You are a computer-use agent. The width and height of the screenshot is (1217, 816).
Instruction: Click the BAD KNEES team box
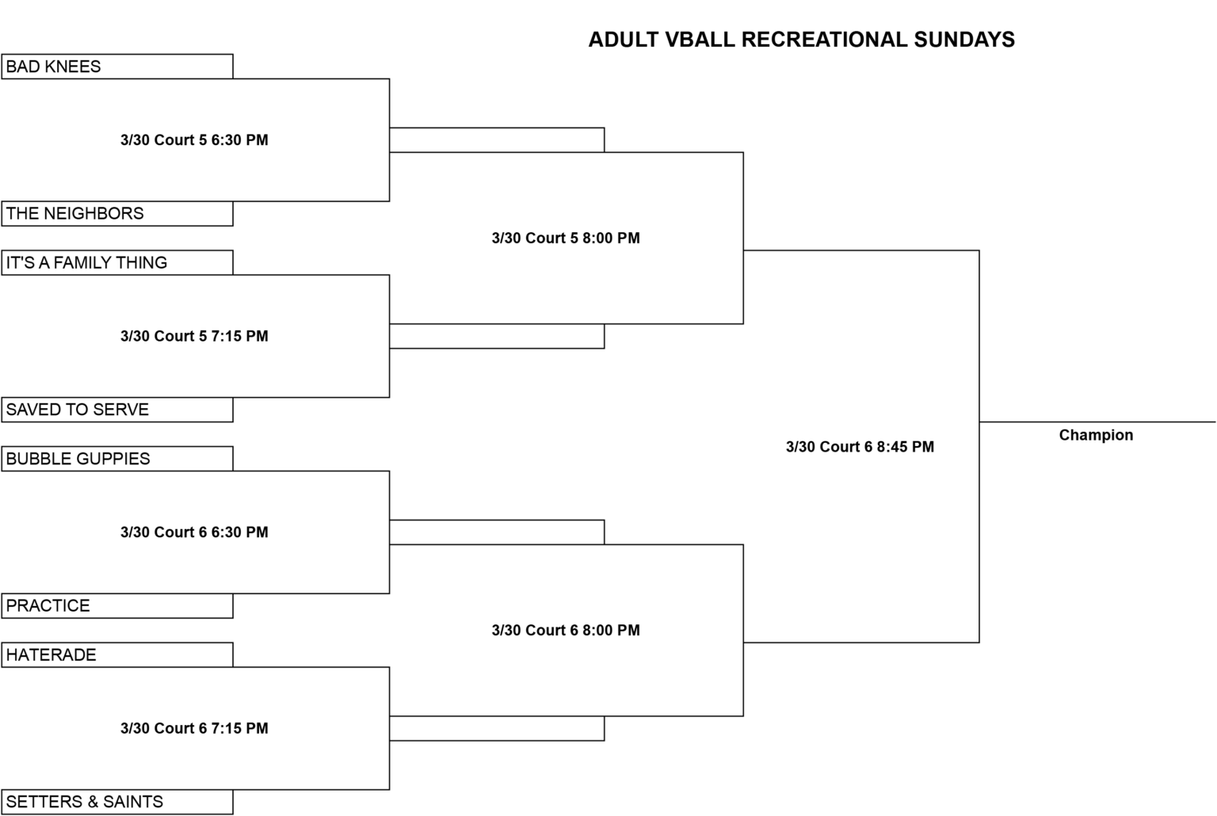click(117, 67)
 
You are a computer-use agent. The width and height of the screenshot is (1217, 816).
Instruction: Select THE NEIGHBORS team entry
click(117, 214)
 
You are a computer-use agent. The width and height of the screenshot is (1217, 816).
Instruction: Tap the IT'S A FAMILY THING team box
click(117, 262)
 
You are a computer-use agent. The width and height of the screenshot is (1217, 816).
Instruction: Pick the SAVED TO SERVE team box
click(117, 410)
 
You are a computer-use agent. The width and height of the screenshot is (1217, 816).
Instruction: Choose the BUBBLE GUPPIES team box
click(117, 459)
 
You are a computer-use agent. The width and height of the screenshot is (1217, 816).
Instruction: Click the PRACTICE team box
click(117, 606)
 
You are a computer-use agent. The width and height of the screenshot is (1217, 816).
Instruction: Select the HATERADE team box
click(117, 654)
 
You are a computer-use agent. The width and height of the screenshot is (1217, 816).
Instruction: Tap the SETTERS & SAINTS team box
click(117, 802)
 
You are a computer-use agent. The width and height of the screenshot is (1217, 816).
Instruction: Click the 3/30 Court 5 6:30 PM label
click(194, 140)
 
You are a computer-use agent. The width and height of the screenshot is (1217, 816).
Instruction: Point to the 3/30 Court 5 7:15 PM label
click(194, 336)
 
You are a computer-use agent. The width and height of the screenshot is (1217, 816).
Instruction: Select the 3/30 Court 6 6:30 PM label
click(194, 532)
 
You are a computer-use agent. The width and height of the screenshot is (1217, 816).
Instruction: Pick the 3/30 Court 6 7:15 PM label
click(194, 729)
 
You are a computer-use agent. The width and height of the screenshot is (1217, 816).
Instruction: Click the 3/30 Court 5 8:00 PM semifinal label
click(566, 238)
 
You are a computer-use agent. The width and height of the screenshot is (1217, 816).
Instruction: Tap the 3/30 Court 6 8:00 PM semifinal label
click(566, 630)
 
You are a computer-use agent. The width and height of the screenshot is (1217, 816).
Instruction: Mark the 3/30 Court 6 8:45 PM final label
click(860, 447)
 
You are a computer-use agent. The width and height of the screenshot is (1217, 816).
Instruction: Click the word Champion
click(1096, 435)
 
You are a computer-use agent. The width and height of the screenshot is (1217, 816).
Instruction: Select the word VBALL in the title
click(700, 40)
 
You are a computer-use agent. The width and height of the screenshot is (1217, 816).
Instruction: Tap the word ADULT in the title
click(624, 40)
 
